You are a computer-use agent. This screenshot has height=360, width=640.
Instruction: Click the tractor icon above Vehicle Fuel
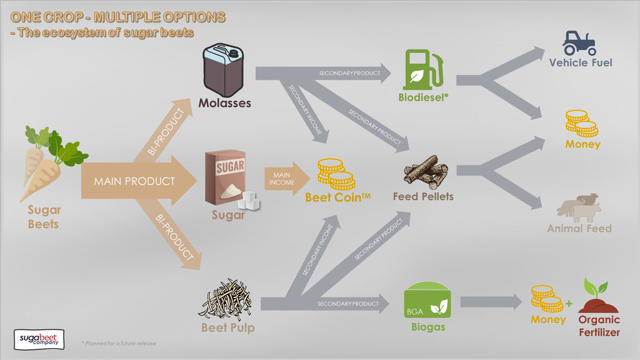tap(579, 42)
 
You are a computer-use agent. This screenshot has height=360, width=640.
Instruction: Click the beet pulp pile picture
tap(226, 298)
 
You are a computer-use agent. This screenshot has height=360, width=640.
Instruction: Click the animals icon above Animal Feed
tap(579, 208)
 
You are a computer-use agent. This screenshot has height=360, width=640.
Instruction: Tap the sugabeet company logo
tap(39, 339)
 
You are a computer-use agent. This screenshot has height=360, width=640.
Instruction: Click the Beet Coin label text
tap(337, 197)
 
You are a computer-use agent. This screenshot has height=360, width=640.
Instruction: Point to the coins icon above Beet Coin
tap(336, 174)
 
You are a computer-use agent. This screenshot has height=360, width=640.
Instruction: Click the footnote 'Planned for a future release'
tap(119, 343)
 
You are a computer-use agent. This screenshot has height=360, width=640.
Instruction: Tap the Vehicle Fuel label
tap(581, 62)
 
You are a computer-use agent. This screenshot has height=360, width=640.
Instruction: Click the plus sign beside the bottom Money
tap(569, 304)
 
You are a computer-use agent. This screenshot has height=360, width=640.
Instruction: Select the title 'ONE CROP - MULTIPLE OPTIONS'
tap(117, 17)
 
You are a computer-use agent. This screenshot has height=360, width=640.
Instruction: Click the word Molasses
tap(224, 103)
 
